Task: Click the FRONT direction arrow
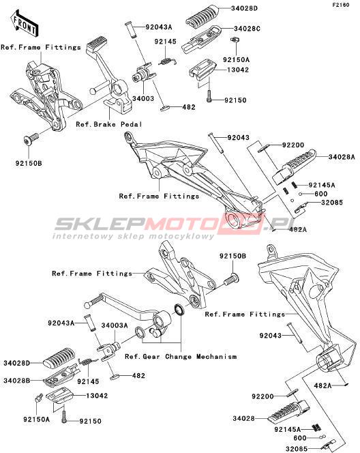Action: click(25, 24)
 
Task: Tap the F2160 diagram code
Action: click(341, 5)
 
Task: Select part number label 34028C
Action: click(247, 29)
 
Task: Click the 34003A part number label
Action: click(115, 325)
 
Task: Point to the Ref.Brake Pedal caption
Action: click(109, 125)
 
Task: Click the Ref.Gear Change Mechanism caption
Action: click(181, 357)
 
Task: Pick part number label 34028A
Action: click(342, 157)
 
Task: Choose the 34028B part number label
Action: click(17, 381)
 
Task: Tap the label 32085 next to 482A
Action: click(332, 203)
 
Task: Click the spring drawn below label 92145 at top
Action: click(168, 61)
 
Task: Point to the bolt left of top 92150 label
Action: click(209, 96)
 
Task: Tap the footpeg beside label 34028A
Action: click(294, 166)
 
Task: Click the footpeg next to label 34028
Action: click(288, 411)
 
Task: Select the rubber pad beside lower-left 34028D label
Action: click(59, 359)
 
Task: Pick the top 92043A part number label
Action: click(159, 27)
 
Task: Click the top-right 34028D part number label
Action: click(244, 8)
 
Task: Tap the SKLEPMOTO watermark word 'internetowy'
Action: click(82, 236)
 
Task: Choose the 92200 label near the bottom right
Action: click(262, 396)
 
